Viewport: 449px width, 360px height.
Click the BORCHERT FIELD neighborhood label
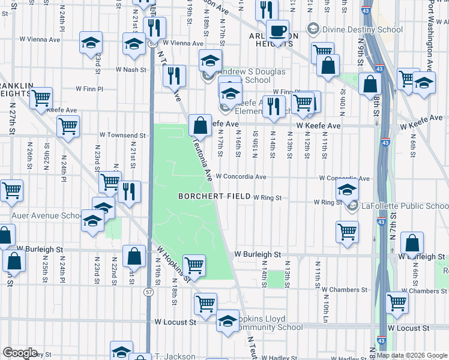pos(214,196)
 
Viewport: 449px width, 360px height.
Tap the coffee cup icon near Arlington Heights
pos(277,31)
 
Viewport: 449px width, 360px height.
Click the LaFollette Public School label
pos(403,206)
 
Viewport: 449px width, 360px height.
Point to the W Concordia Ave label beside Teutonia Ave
pos(241,177)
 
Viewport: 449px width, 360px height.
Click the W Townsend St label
pos(123,136)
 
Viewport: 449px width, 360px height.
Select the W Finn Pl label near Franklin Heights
pos(90,89)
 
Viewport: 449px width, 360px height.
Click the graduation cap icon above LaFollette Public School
pos(346,191)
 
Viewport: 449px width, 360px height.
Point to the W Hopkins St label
pos(174,265)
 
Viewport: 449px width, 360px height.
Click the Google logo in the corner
pos(19,353)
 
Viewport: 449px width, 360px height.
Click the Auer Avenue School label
pos(46,215)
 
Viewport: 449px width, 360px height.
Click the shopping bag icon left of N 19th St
pos(134,256)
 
